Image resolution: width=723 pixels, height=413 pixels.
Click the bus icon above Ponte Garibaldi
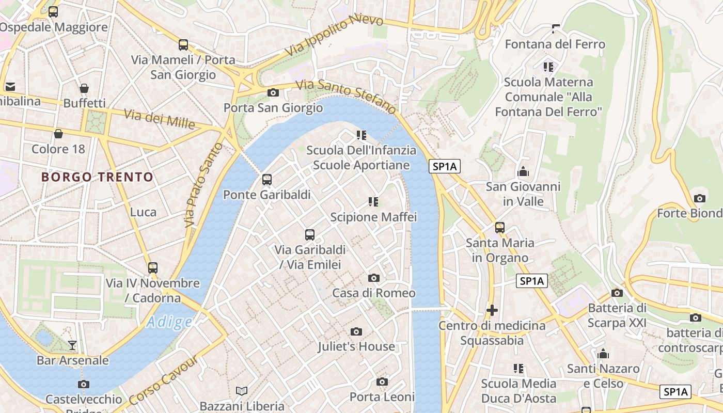(x=266, y=180)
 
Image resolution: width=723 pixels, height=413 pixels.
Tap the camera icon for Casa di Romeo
(x=374, y=278)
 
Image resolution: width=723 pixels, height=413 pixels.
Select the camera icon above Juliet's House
(x=356, y=331)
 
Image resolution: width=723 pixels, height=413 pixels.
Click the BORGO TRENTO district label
(x=97, y=177)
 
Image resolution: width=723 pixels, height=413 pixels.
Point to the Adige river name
(x=169, y=322)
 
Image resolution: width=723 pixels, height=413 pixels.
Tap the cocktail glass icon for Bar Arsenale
(x=72, y=345)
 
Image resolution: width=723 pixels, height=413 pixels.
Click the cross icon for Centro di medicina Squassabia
(x=492, y=310)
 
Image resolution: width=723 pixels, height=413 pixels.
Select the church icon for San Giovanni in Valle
(x=523, y=171)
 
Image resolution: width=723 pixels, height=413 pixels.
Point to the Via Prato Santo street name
(x=204, y=185)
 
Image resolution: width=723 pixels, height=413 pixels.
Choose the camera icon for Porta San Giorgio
(x=273, y=93)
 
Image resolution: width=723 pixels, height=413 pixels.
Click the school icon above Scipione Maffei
(x=373, y=202)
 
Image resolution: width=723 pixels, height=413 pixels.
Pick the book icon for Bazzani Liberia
(x=242, y=391)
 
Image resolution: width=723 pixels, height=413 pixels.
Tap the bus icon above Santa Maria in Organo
(x=499, y=227)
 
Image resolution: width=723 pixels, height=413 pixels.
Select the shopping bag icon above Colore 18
(x=58, y=134)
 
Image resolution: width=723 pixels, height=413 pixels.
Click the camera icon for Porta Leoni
(x=382, y=382)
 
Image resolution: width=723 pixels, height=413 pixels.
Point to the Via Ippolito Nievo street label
(x=334, y=35)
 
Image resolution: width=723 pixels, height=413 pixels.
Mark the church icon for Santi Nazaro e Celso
(x=603, y=354)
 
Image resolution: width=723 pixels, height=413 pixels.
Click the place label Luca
(x=143, y=212)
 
